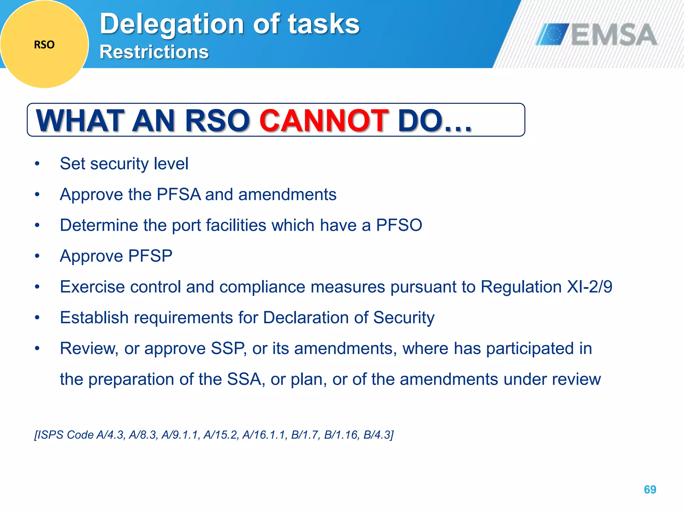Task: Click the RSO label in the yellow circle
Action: (x=44, y=45)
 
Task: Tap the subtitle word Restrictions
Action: (x=154, y=52)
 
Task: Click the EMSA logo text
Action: (x=614, y=35)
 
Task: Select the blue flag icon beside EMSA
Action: (x=552, y=34)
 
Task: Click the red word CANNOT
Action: (x=324, y=121)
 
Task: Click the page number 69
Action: (x=650, y=489)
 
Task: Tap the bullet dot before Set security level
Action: (x=37, y=164)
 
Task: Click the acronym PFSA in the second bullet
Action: (x=179, y=194)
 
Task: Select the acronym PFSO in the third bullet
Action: (x=399, y=225)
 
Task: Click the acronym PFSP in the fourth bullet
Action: (x=150, y=256)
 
